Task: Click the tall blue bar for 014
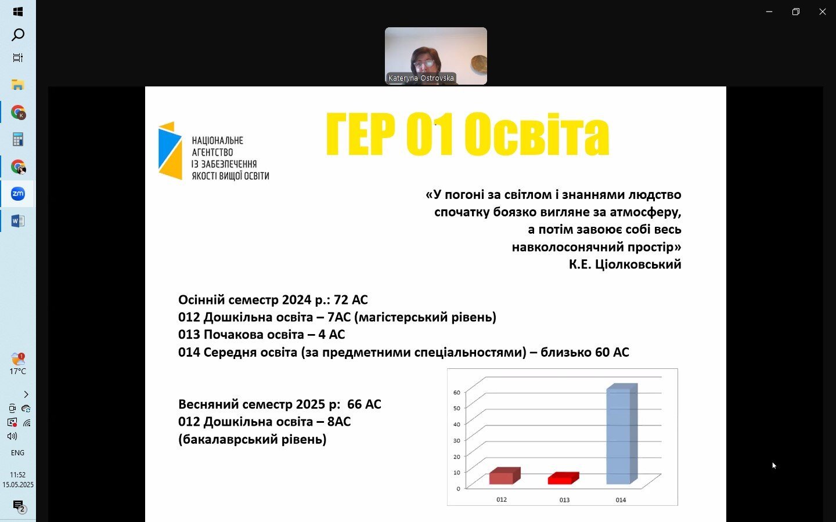[x=622, y=434]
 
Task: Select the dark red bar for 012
[x=505, y=476]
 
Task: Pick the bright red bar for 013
[x=563, y=478]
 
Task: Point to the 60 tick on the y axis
[x=457, y=392]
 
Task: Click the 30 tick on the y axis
[x=457, y=440]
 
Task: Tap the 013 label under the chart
[x=564, y=500]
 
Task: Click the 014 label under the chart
[x=621, y=500]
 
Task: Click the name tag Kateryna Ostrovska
[x=421, y=78]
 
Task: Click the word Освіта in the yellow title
[x=536, y=134]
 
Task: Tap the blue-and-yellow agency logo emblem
[x=170, y=151]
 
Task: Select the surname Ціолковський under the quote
[x=638, y=264]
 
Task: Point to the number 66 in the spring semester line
[x=355, y=404]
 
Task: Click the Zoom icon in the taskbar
[x=18, y=194]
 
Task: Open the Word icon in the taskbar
[x=18, y=221]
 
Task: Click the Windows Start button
[x=18, y=12]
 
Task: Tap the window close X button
[x=823, y=12]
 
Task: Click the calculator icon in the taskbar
[x=18, y=139]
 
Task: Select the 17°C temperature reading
[x=17, y=371]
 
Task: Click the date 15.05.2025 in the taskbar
[x=18, y=485]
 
